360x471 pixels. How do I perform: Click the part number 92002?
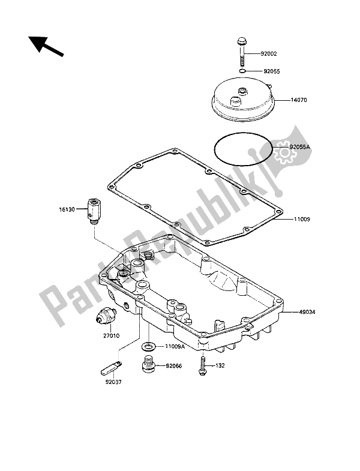click(268, 54)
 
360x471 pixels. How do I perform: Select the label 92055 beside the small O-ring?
click(271, 71)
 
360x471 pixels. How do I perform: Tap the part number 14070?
click(299, 100)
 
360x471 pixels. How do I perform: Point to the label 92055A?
click(299, 147)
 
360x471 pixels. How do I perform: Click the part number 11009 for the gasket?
click(302, 219)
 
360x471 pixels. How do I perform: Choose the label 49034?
click(307, 312)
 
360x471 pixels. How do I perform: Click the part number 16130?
click(67, 209)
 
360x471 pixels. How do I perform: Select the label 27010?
click(111, 336)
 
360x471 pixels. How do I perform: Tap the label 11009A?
click(175, 346)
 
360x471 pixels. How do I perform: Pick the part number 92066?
click(173, 366)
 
